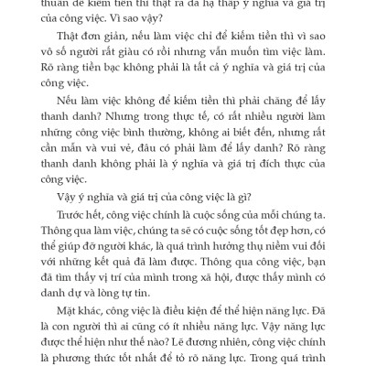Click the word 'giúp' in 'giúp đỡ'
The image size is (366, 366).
(x=80, y=283)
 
